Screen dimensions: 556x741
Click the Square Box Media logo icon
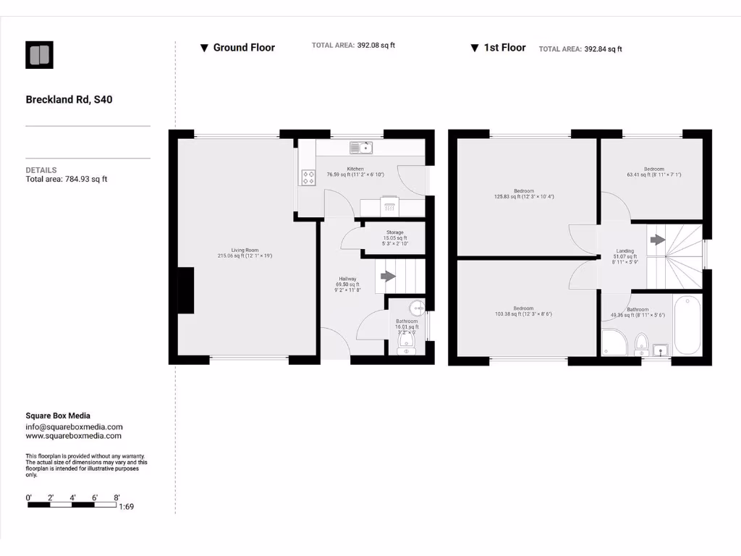pyautogui.click(x=40, y=55)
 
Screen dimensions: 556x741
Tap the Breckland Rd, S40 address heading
pyautogui.click(x=69, y=100)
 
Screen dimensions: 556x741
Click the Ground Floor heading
pyautogui.click(x=243, y=48)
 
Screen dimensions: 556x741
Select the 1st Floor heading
pyautogui.click(x=504, y=48)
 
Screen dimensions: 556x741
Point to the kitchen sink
pyautogui.click(x=360, y=148)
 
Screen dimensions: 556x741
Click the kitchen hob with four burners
pyautogui.click(x=308, y=177)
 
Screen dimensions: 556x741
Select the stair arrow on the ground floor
pyautogui.click(x=389, y=276)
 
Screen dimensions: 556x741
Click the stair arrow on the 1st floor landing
pyautogui.click(x=657, y=240)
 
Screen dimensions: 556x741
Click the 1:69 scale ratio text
pyautogui.click(x=126, y=507)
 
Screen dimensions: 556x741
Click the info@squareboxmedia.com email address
pyautogui.click(x=74, y=427)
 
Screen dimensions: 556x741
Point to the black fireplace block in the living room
pyautogui.click(x=186, y=290)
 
